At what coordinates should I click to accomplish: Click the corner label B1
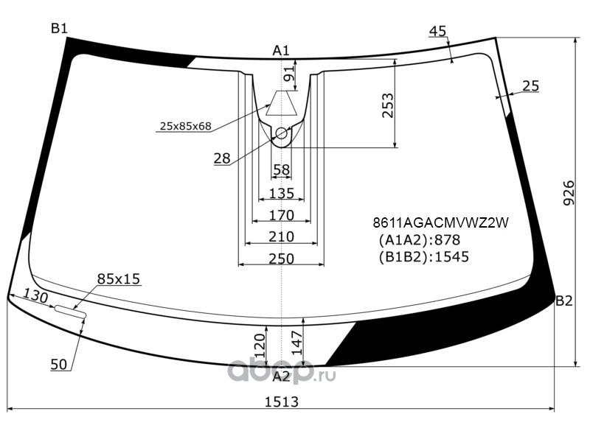(x=59, y=29)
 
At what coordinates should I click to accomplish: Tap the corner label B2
(x=564, y=301)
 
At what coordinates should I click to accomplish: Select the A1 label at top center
(x=281, y=51)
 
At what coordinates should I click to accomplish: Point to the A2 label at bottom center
(x=282, y=376)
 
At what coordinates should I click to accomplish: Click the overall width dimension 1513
(x=282, y=401)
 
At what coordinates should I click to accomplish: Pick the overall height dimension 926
(x=569, y=192)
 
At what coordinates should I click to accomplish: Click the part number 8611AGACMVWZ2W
(x=440, y=223)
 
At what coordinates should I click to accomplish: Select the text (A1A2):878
(x=420, y=240)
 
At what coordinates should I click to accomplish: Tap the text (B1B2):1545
(x=423, y=256)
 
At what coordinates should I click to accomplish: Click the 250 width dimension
(x=282, y=259)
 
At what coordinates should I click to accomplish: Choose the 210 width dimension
(x=282, y=236)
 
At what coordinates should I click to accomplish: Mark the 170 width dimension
(x=282, y=215)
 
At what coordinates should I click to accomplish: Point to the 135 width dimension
(x=282, y=194)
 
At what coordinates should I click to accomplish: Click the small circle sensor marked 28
(x=282, y=133)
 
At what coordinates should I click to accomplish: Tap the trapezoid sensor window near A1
(x=282, y=103)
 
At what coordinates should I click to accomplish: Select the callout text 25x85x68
(x=186, y=126)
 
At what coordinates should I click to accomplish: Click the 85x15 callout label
(x=119, y=279)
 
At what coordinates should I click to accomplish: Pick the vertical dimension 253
(x=387, y=105)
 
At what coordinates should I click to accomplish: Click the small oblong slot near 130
(x=71, y=311)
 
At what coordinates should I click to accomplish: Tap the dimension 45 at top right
(x=437, y=31)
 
